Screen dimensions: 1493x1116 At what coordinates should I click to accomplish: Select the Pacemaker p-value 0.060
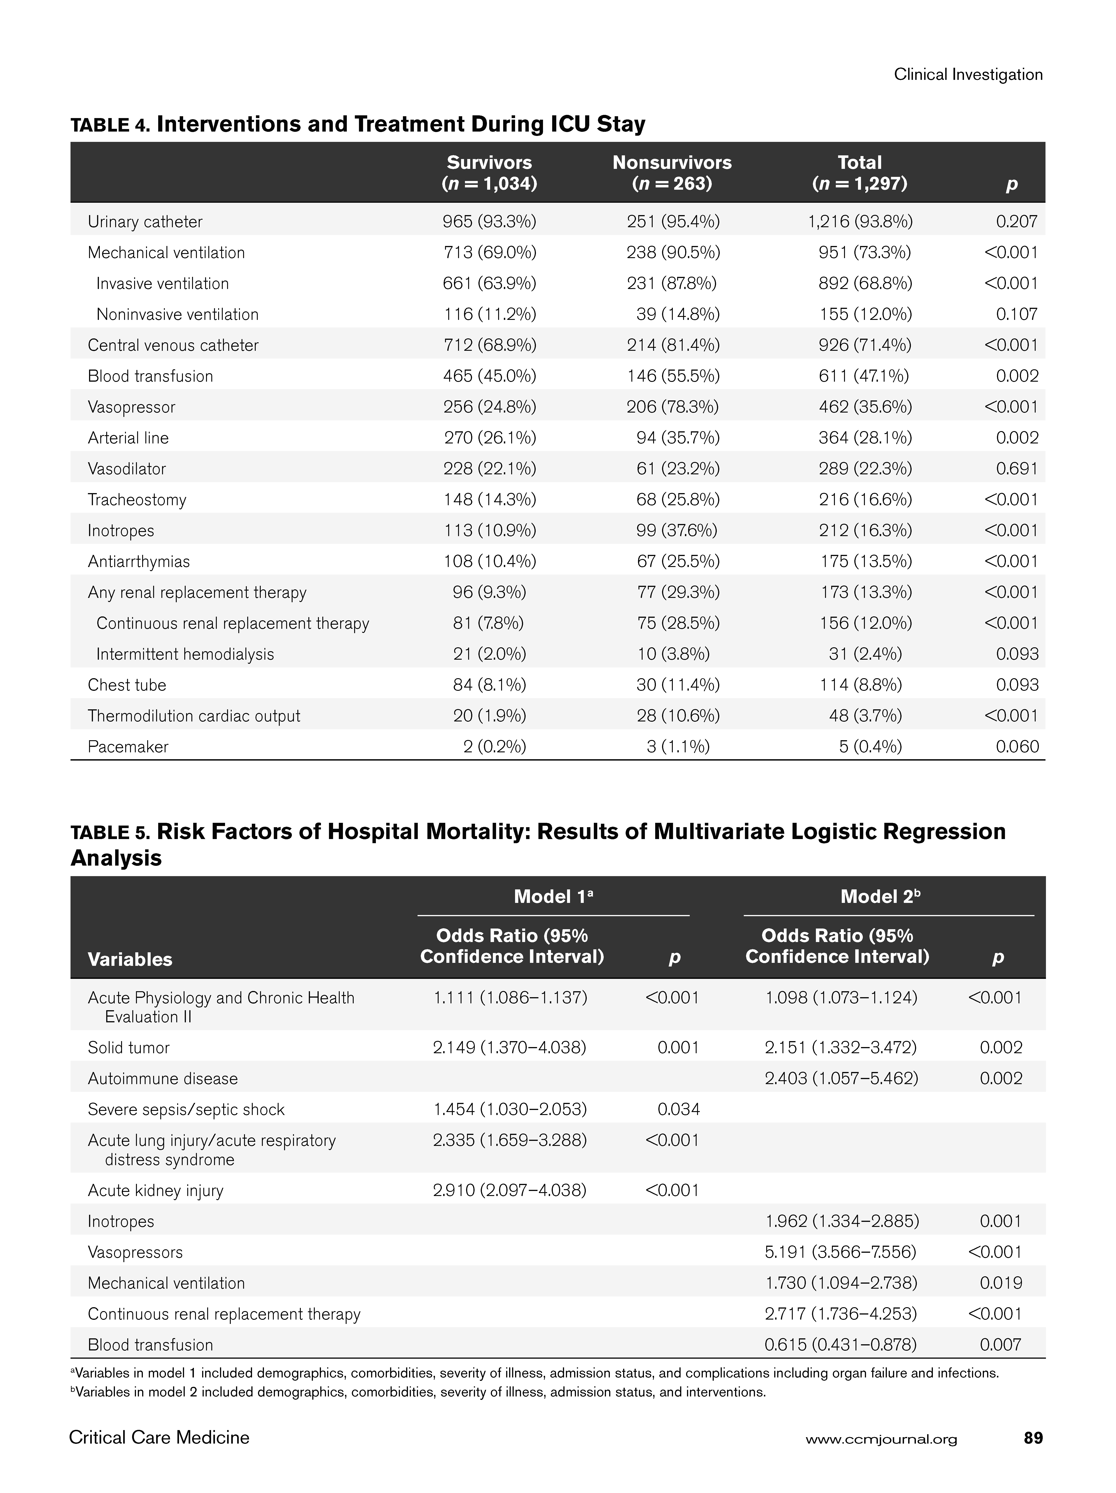[1017, 746]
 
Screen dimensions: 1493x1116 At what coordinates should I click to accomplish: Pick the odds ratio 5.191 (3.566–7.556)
[841, 1252]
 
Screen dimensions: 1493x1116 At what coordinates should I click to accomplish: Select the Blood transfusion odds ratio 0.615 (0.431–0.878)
[841, 1345]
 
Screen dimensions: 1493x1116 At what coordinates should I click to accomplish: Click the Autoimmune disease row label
[163, 1079]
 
